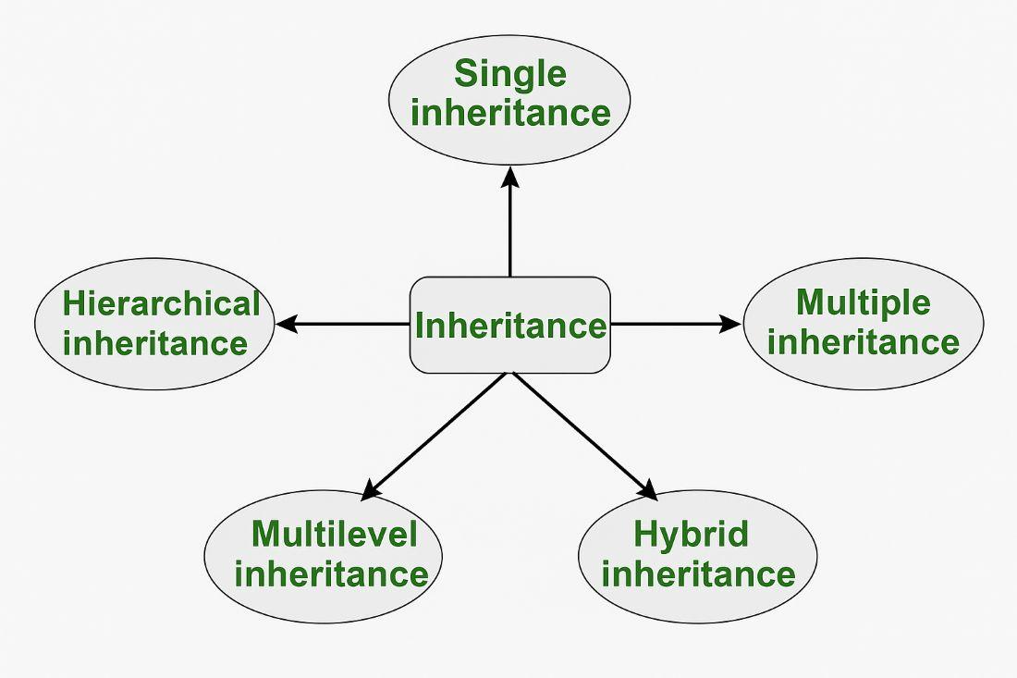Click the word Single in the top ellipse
point(509,73)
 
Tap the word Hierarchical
point(161,303)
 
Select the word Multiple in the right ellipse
point(863,302)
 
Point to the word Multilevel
point(334,534)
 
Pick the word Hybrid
point(691,534)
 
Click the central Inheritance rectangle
point(510,326)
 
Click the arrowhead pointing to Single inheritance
point(510,177)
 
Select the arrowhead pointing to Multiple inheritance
point(730,324)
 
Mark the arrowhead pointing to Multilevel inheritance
point(371,491)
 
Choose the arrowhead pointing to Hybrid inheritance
point(648,490)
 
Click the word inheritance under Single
point(510,113)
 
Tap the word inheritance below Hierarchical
point(155,344)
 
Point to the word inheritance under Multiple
point(863,342)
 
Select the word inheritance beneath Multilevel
point(331,573)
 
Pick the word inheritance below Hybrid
point(698,573)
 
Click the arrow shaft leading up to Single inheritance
point(510,231)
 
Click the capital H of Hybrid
point(644,534)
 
